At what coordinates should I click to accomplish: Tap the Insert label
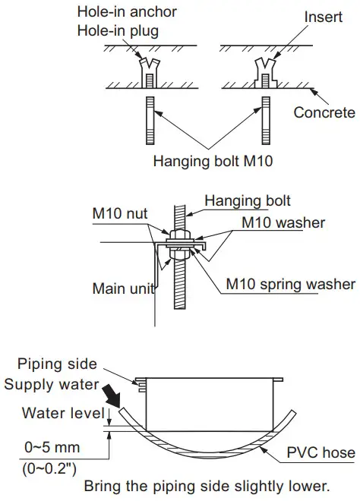point(322,16)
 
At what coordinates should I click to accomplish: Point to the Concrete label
point(324,112)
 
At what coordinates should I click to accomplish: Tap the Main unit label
point(124,288)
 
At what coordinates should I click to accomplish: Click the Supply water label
point(51,384)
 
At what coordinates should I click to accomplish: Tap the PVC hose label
point(321,453)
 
